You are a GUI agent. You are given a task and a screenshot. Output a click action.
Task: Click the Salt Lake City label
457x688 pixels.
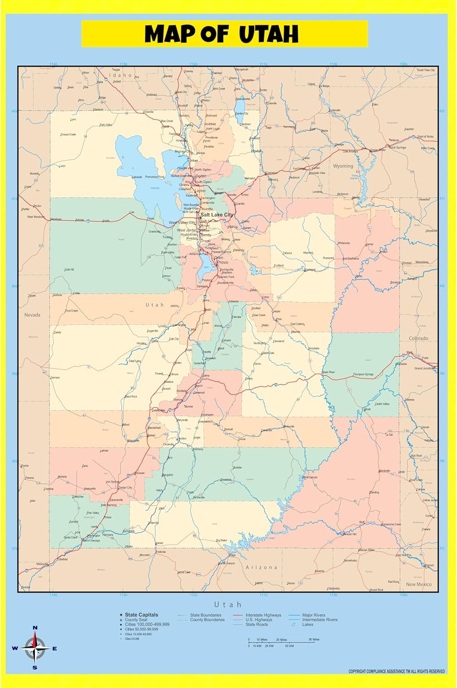pos(216,215)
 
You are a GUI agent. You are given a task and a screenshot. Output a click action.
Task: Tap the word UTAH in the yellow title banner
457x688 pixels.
pos(269,34)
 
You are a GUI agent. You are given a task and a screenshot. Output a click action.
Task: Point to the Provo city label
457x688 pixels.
pos(222,262)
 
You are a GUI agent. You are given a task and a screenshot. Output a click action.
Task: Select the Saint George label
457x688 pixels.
pos(91,540)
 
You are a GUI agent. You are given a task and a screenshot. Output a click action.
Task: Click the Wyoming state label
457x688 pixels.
pos(343,166)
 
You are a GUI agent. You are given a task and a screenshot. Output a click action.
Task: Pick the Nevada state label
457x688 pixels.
pos(32,315)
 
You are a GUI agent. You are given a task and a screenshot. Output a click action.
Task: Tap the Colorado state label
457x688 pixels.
pos(418,338)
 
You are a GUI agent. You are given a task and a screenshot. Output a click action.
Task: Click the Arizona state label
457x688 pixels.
pos(261,567)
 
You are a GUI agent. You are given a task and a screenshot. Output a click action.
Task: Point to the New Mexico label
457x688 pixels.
pos(418,584)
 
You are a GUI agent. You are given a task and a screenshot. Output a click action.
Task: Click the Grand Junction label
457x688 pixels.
pos(424,368)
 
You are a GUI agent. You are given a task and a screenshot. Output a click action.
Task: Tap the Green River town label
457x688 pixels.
pos(328,372)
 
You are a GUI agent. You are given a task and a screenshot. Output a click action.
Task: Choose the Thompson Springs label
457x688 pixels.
pos(363,374)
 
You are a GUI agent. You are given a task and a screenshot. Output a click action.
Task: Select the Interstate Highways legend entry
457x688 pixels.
pos(263,615)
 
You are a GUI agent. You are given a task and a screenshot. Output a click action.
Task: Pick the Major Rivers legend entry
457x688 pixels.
pos(314,615)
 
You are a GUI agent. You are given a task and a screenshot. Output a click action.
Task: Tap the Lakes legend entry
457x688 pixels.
pos(308,624)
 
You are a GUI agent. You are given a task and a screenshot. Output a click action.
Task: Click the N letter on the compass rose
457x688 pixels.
pos(35,627)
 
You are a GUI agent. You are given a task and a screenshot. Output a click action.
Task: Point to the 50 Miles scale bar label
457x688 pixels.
pos(314,639)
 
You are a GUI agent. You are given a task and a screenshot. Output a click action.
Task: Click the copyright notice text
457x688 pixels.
pos(396,671)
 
